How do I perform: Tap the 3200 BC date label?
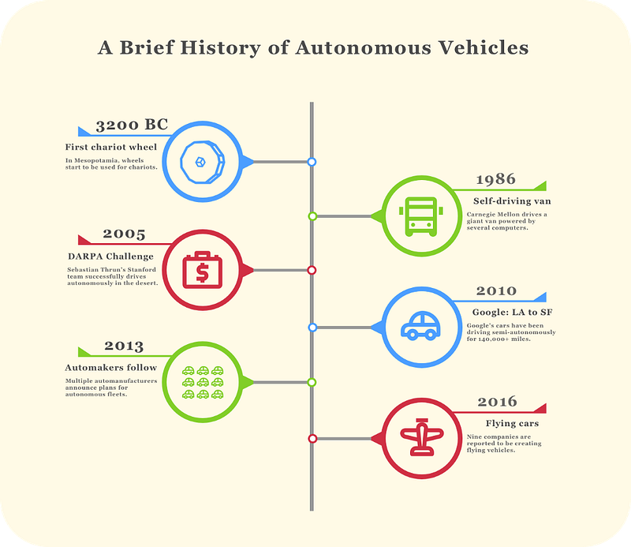click(x=132, y=126)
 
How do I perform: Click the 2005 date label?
click(x=124, y=234)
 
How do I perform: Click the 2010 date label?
click(x=496, y=291)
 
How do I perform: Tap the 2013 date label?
click(x=124, y=346)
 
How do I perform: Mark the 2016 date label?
click(x=497, y=403)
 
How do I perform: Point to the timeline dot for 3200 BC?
click(x=312, y=162)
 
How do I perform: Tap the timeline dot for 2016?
click(x=312, y=438)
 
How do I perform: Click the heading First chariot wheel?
click(x=111, y=148)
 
